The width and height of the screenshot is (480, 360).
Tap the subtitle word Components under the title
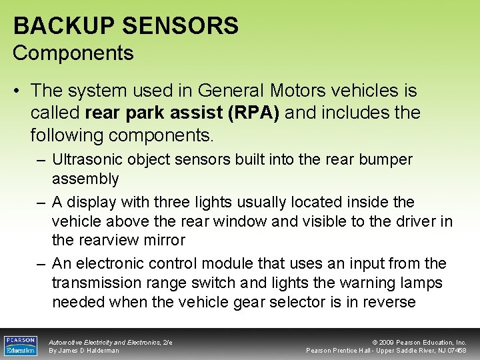(73, 53)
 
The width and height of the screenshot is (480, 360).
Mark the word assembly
(85, 179)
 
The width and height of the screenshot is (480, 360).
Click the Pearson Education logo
(20, 345)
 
